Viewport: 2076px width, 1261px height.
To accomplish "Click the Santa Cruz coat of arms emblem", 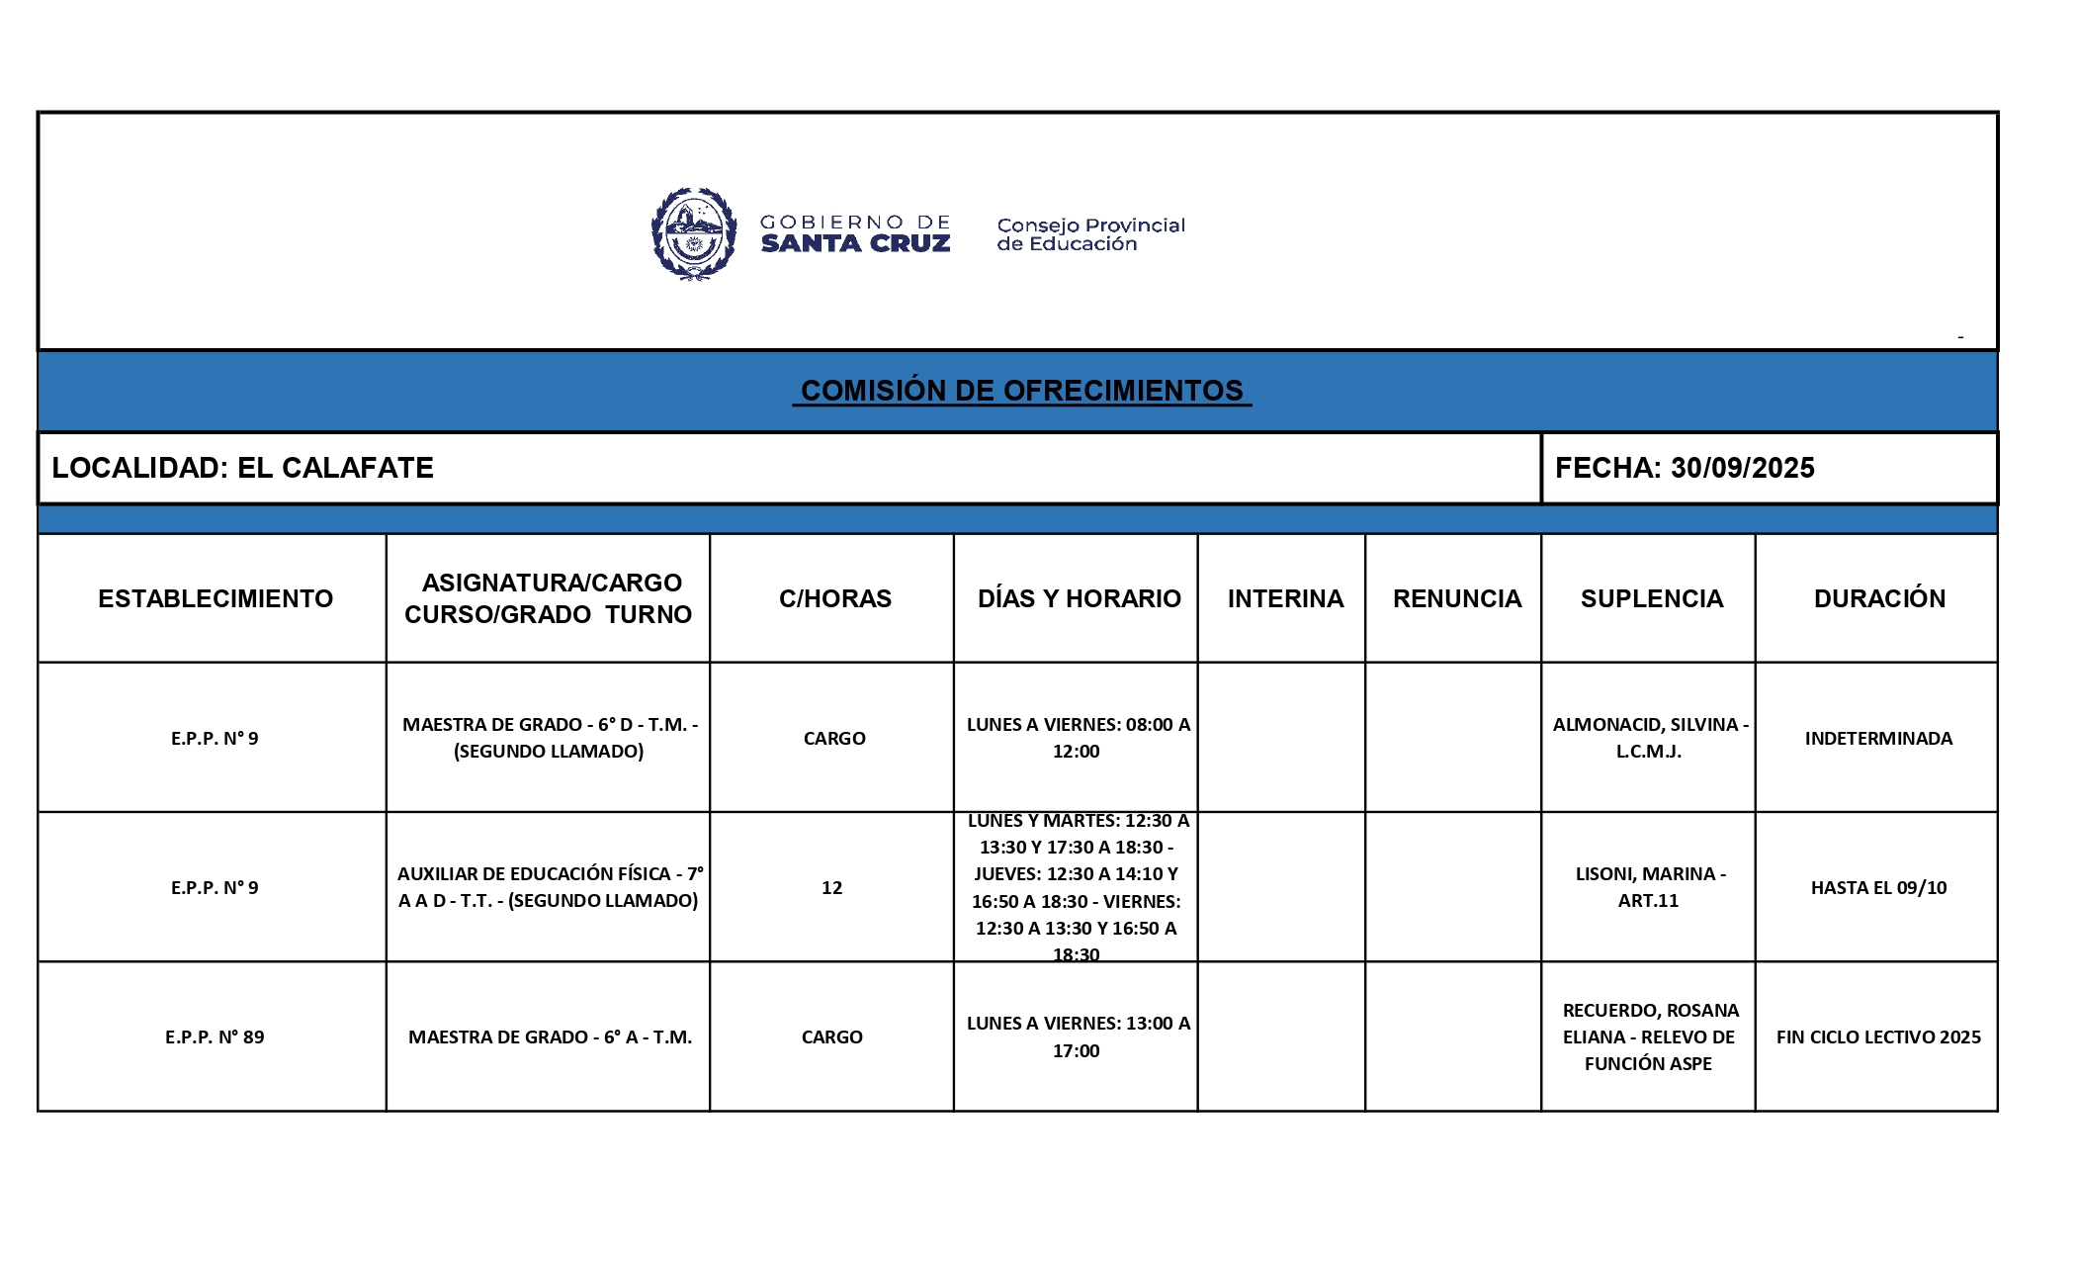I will pyautogui.click(x=694, y=234).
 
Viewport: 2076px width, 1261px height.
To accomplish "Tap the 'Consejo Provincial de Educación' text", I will pyautogui.click(x=1089, y=234).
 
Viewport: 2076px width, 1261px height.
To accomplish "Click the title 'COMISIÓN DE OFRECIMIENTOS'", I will pyautogui.click(x=1021, y=391).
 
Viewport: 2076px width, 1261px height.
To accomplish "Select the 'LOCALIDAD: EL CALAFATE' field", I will pyautogui.click(x=243, y=468).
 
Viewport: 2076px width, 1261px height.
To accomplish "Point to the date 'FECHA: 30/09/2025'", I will pyautogui.click(x=1684, y=468).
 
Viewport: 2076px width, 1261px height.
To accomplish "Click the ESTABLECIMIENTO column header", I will pyautogui.click(x=216, y=598).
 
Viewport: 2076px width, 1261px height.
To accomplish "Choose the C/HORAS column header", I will pyautogui.click(x=834, y=598).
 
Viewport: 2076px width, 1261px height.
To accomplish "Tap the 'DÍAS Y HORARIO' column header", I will pyautogui.click(x=1079, y=598).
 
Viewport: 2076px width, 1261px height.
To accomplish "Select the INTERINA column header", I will pyautogui.click(x=1284, y=598).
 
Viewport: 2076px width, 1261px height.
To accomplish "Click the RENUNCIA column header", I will pyautogui.click(x=1456, y=598).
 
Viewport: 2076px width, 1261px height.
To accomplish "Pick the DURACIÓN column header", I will pyautogui.click(x=1878, y=598).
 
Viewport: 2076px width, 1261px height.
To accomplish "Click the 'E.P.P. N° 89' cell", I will pyautogui.click(x=215, y=1036).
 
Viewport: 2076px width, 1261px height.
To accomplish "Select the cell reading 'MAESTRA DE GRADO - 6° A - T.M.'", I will pyautogui.click(x=550, y=1036).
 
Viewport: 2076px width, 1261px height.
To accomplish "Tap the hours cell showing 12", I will pyautogui.click(x=831, y=887).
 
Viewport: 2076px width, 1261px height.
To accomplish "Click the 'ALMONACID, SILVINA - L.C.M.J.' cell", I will pyautogui.click(x=1649, y=738).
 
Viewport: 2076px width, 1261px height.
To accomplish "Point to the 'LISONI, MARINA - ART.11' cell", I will pyautogui.click(x=1649, y=887).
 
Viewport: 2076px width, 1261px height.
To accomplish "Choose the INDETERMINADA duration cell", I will pyautogui.click(x=1878, y=738).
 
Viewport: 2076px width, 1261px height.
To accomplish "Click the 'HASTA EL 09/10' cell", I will pyautogui.click(x=1878, y=887).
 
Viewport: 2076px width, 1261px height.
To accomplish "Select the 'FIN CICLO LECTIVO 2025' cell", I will pyautogui.click(x=1878, y=1036).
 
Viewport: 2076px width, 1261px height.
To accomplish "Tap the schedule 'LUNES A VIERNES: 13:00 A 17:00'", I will pyautogui.click(x=1078, y=1036).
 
